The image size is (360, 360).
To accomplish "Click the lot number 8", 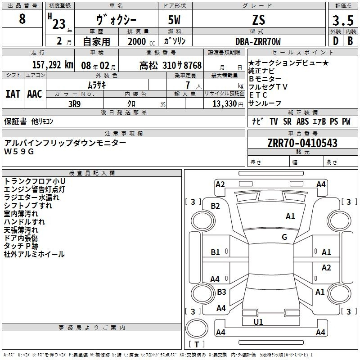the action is click(22, 18).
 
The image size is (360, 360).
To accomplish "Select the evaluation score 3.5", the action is click(343, 20).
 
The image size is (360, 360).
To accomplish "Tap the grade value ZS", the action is click(259, 20).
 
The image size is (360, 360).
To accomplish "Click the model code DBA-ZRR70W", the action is click(258, 41).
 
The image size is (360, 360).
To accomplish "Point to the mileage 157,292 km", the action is click(53, 65).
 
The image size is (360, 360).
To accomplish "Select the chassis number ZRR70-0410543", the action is click(302, 143).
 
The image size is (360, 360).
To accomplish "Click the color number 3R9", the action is click(75, 104).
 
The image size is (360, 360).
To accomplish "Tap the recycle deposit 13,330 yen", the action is click(228, 104).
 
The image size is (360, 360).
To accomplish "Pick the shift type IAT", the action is click(13, 94).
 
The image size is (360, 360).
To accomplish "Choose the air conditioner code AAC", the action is click(35, 94).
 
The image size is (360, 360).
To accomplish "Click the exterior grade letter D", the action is click(336, 41).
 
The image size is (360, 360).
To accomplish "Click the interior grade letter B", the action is click(350, 41).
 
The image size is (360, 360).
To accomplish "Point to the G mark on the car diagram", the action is click(284, 237).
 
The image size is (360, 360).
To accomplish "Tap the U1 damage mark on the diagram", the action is click(258, 322).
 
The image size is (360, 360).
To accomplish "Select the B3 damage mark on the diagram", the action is click(221, 292).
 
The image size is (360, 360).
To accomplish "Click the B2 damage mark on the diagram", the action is click(216, 206).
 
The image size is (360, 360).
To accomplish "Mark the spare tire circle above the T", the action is click(197, 328).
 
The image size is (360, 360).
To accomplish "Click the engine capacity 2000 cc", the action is click(141, 41).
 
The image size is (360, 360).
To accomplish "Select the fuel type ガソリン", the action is click(175, 41).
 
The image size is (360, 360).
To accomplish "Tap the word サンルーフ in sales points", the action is click(265, 103).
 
